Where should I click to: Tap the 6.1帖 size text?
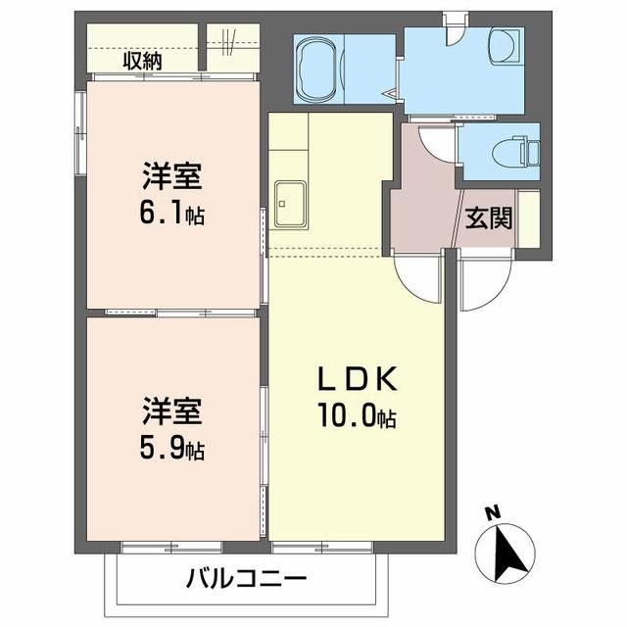172,214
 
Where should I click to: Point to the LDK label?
356,380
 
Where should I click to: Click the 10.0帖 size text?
356,418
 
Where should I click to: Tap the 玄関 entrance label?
488,217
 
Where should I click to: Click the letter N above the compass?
494,511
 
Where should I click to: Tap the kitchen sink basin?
292,205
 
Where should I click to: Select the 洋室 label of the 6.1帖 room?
172,179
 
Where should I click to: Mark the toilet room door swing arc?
439,142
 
